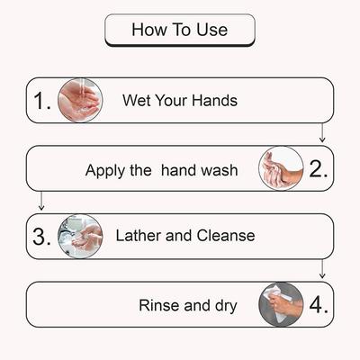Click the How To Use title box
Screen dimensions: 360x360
[x=180, y=30]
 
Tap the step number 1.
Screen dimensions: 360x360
[x=42, y=101]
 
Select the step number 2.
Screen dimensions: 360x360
[x=318, y=168]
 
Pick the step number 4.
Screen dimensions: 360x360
[x=318, y=304]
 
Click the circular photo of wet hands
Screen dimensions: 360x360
[x=79, y=100]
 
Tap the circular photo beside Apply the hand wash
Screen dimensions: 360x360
[x=281, y=168]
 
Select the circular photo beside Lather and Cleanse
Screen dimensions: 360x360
[x=80, y=237]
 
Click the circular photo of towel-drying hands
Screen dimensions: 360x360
[x=281, y=304]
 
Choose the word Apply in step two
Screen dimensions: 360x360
[x=104, y=169]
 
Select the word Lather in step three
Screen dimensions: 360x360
[x=139, y=237]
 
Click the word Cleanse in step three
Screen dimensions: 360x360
[x=224, y=237]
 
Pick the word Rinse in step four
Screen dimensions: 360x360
[x=159, y=305]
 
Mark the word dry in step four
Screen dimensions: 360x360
[x=223, y=305]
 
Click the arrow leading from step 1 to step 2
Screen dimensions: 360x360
[x=322, y=132]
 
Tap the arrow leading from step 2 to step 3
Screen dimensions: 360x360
[x=41, y=201]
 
